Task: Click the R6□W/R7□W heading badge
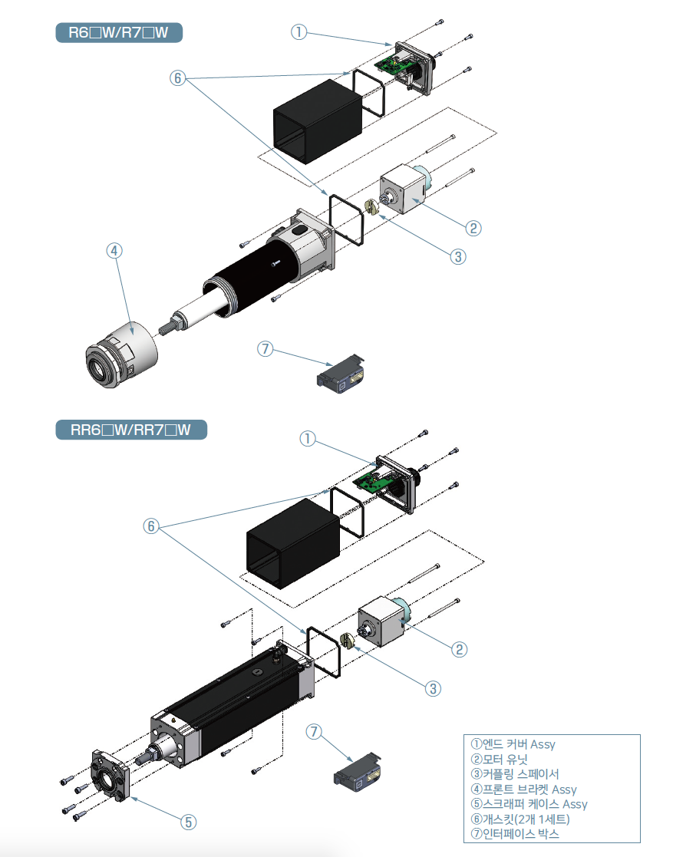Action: coord(119,33)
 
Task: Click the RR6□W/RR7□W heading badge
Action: coord(131,430)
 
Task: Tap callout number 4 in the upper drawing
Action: coord(114,251)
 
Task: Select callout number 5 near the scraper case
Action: coord(188,822)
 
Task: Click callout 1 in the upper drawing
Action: coord(299,32)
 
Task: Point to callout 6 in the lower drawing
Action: coord(151,526)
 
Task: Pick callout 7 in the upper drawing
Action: coord(265,349)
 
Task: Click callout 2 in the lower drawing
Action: coord(458,650)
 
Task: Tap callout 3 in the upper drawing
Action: coord(457,256)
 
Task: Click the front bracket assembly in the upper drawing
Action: coord(120,357)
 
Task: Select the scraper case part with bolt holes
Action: coord(112,778)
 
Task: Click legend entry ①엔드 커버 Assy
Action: coord(512,744)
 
